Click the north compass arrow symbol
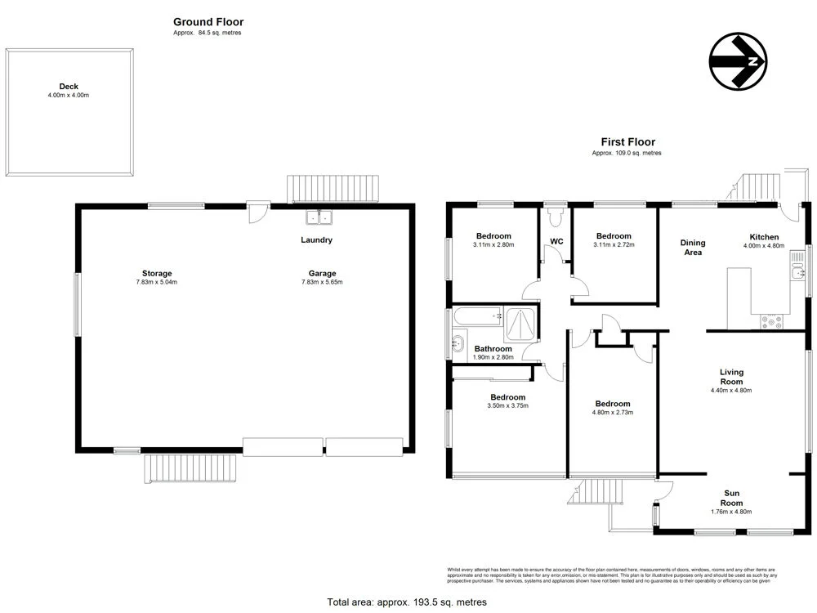point(739,62)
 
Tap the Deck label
point(68,86)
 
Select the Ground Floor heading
point(208,22)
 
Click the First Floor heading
point(627,141)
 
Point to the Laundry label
point(316,240)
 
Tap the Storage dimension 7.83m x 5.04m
point(157,283)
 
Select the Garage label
point(322,273)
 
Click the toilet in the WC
point(556,216)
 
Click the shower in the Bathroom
point(521,324)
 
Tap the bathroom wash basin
point(456,344)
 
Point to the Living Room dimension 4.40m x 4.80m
point(731,391)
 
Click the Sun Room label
point(731,493)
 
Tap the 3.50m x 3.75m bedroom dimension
point(507,405)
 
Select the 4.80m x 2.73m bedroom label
point(612,404)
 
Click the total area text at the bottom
point(407,602)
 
